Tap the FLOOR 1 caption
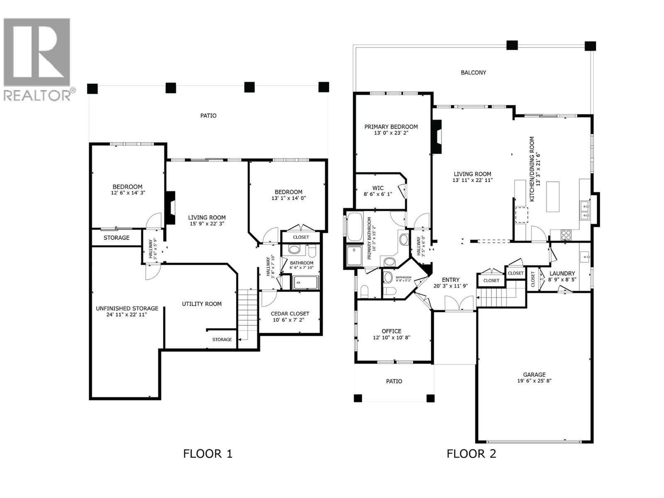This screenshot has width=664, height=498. [207, 454]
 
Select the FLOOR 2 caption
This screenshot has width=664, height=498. [471, 454]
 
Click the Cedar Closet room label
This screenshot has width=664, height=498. [290, 314]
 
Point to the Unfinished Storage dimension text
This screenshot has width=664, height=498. [127, 315]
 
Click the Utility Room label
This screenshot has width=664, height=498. [202, 304]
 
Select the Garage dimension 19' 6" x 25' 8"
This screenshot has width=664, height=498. [534, 381]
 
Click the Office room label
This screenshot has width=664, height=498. [391, 331]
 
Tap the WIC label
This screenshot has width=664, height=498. [378, 188]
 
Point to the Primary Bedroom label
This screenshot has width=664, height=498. [391, 127]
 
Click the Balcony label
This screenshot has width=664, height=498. [473, 73]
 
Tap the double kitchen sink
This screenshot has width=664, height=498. [585, 210]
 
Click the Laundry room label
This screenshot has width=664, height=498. [562, 273]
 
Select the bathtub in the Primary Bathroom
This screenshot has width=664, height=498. [354, 227]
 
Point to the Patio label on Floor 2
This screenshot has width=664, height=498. [394, 381]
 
